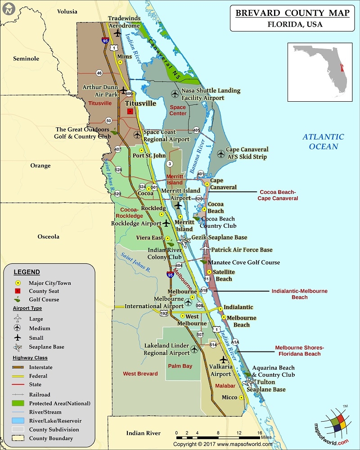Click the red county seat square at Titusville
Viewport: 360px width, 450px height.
(130, 111)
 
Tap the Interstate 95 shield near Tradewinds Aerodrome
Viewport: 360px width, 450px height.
(105, 40)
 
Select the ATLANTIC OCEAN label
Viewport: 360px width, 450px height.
(323, 141)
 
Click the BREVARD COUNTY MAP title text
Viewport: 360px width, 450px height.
(292, 13)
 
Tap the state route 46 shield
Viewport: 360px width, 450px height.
(99, 73)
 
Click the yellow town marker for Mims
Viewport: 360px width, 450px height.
(120, 63)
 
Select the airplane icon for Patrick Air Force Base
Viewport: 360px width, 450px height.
(206, 249)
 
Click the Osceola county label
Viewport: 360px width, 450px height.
(49, 237)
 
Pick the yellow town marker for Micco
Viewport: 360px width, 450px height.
(242, 397)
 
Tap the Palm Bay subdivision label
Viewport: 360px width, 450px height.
(180, 366)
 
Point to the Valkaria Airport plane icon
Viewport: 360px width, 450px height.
(224, 360)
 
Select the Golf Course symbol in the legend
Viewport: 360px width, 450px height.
(18, 299)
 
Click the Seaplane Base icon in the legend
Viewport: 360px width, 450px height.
(18, 347)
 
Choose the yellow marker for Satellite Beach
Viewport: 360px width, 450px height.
(208, 272)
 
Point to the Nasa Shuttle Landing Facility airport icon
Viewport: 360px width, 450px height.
(175, 94)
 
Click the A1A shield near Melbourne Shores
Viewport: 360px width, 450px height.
(235, 342)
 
